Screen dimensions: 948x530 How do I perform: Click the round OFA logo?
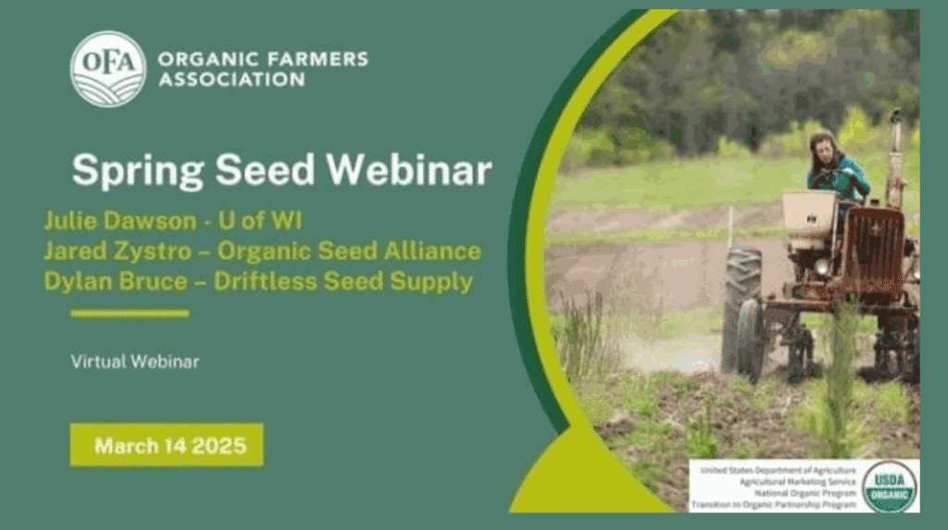pyautogui.click(x=108, y=68)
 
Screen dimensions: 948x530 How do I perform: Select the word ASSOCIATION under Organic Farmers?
pyautogui.click(x=231, y=80)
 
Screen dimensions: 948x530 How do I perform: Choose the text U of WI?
pyautogui.click(x=260, y=220)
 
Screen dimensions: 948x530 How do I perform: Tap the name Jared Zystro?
pyautogui.click(x=118, y=251)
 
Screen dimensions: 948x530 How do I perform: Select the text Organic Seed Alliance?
pyautogui.click(x=349, y=251)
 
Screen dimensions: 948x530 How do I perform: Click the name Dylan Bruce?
pyautogui.click(x=116, y=281)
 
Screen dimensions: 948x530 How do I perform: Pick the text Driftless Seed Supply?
pyautogui.click(x=343, y=281)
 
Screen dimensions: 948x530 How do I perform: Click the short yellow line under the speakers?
pyautogui.click(x=130, y=313)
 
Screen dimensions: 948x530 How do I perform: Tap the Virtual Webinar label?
pyautogui.click(x=135, y=362)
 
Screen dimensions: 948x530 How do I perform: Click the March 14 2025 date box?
pyautogui.click(x=167, y=445)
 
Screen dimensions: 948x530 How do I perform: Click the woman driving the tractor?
pyautogui.click(x=836, y=166)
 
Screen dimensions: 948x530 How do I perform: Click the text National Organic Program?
pyautogui.click(x=805, y=493)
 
